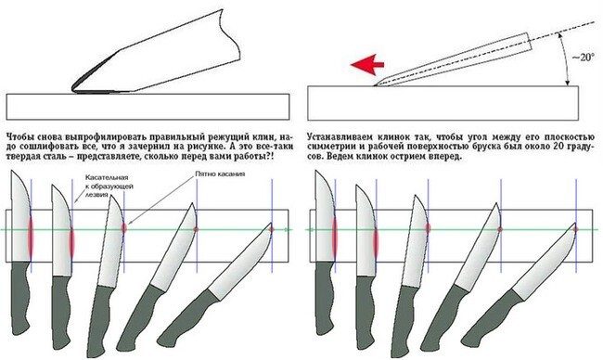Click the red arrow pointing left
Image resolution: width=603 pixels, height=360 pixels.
(x=367, y=64)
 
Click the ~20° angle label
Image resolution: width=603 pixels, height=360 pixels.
(x=583, y=58)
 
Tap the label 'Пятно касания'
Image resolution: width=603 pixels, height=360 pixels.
(x=220, y=174)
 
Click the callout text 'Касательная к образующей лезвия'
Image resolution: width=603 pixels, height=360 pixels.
(x=109, y=186)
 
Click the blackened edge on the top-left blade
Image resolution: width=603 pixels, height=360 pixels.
(x=92, y=73)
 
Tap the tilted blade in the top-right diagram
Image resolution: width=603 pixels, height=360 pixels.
(x=454, y=58)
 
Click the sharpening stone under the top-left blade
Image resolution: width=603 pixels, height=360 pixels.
(x=148, y=107)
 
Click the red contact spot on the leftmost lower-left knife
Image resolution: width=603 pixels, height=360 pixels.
(x=31, y=238)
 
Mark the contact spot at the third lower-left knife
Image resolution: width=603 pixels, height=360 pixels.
(x=123, y=227)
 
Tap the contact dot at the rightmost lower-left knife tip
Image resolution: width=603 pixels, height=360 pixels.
(x=272, y=229)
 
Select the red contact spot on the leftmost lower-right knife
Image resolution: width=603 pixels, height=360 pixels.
(x=335, y=238)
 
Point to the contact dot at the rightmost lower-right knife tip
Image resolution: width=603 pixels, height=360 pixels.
(x=576, y=229)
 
